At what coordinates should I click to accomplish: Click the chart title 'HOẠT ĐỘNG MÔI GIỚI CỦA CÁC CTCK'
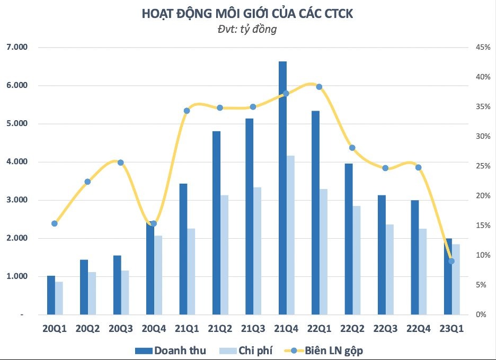(247, 14)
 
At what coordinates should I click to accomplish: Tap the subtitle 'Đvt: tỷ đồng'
(247, 30)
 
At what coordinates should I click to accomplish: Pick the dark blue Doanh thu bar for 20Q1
(51, 295)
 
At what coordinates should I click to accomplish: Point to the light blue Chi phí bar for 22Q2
(357, 260)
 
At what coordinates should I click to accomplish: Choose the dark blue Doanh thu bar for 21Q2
(216, 222)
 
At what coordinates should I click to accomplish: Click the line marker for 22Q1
(319, 87)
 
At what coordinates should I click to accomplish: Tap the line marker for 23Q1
(451, 261)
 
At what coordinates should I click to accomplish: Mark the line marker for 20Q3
(120, 163)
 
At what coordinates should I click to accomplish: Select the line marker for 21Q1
(187, 111)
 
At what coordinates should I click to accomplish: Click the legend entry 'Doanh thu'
(170, 350)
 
